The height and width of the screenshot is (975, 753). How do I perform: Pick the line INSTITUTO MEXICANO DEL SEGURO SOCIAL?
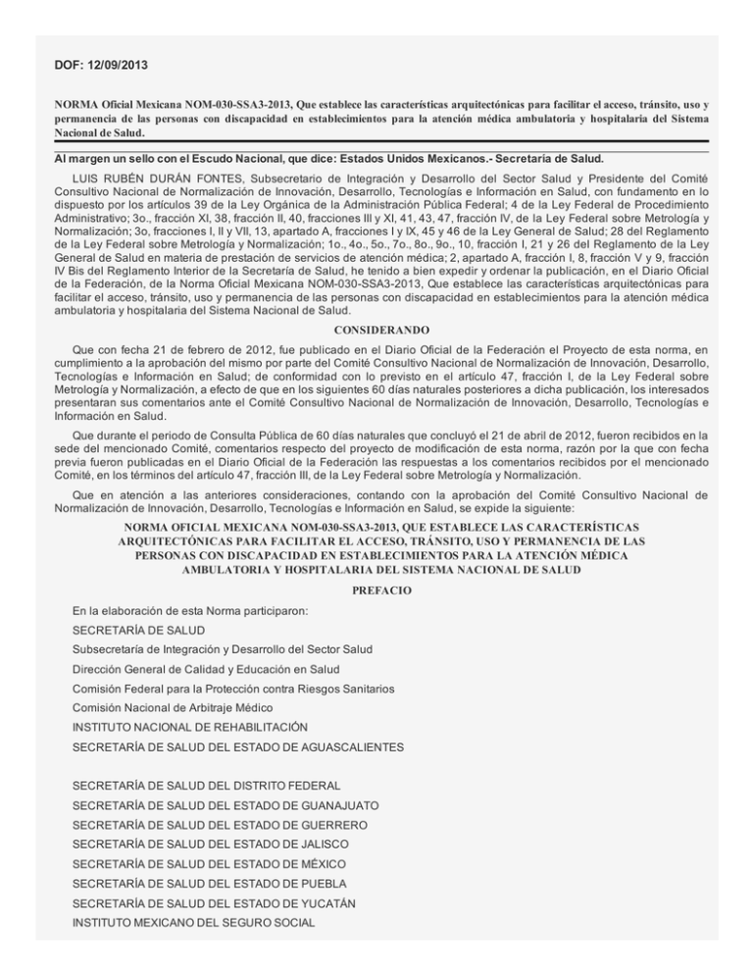pos(193,923)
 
